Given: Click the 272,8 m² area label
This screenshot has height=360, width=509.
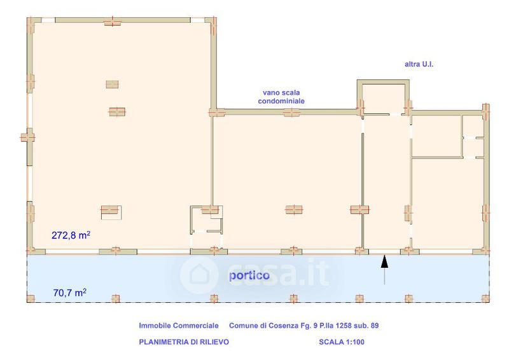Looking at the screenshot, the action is [71, 235].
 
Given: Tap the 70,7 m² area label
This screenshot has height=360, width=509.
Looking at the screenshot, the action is [70, 293].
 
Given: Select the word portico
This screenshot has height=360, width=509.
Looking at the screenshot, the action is [249, 275].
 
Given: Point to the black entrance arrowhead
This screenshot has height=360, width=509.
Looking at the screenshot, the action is [384, 261].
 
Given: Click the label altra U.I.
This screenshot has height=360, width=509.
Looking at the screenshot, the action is [419, 64].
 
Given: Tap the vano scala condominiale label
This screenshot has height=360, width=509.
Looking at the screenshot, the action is [281, 97].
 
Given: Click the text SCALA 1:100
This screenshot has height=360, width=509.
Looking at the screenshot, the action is [342, 342].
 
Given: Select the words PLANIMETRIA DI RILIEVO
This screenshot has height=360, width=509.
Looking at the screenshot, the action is [184, 342].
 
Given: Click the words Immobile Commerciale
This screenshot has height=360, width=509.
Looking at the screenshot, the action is [179, 326].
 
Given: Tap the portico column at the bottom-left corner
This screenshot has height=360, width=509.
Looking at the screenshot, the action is [31, 299].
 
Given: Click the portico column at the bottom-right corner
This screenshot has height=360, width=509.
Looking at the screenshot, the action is [485, 299].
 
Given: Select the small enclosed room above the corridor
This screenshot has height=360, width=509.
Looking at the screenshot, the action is [384, 98].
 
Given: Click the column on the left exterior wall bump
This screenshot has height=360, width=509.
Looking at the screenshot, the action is [27, 137].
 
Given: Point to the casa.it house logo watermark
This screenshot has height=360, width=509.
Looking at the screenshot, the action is [199, 275].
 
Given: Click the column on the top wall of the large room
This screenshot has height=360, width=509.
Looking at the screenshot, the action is [113, 22].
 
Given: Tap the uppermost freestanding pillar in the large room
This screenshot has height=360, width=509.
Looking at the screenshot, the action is [113, 85].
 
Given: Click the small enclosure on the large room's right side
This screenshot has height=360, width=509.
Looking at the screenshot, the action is [206, 219].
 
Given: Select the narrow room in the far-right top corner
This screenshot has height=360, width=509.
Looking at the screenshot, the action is [473, 136].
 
